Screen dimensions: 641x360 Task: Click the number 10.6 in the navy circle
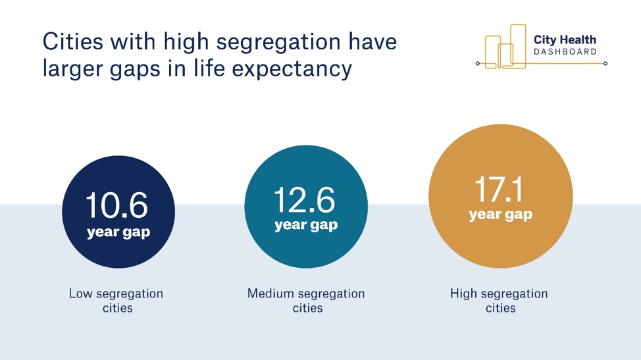[117, 205]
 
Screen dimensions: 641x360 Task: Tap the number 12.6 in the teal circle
[305, 200]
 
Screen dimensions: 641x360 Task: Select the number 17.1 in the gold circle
[499, 190]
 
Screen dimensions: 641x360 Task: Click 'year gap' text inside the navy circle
[118, 232]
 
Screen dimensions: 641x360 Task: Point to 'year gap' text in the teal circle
[306, 225]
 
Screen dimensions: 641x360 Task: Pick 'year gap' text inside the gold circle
[501, 215]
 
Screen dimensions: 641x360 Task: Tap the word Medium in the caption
[270, 294]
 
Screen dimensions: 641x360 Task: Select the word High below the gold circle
[463, 294]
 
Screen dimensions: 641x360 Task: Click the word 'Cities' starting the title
[73, 41]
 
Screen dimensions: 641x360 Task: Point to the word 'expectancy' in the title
[292, 68]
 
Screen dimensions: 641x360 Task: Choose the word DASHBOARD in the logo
[565, 52]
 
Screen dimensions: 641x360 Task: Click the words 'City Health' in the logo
[565, 39]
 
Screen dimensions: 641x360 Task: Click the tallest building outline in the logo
[518, 46]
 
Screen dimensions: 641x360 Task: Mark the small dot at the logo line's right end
[605, 63]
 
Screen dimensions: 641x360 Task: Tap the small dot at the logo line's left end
[478, 63]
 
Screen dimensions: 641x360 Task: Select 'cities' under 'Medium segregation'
[307, 308]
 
